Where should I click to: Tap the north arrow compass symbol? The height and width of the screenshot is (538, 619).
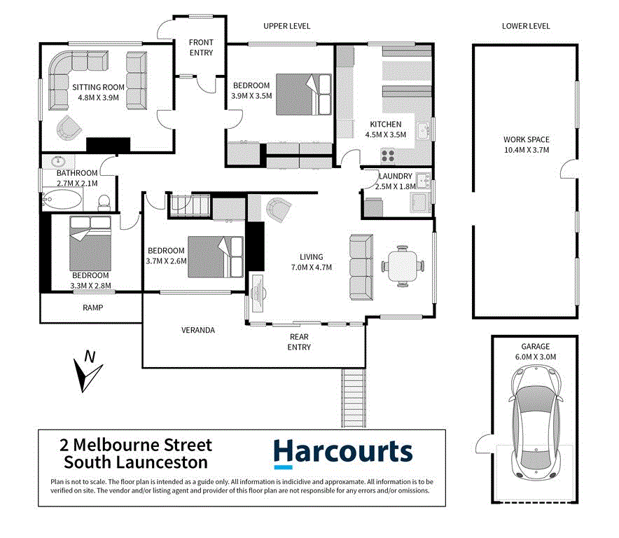(x=88, y=371)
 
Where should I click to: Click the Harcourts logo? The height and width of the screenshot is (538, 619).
(x=343, y=452)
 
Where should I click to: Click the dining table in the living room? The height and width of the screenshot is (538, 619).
(x=403, y=265)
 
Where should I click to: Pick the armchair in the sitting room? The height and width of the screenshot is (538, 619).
(x=69, y=128)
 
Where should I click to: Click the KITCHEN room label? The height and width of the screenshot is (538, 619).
(x=386, y=124)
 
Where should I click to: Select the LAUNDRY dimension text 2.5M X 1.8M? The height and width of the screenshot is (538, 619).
(x=396, y=187)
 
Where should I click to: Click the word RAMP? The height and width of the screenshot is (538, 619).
(x=93, y=308)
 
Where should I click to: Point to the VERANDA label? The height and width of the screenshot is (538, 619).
(x=197, y=330)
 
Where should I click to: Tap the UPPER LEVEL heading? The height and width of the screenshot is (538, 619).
(x=286, y=26)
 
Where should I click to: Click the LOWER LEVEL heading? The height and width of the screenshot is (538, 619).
(x=526, y=26)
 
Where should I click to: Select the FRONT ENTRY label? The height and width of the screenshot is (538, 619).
(x=201, y=48)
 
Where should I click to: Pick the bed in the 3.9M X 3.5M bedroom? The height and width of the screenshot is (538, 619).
(x=303, y=94)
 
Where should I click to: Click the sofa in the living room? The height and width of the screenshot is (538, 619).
(x=361, y=266)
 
